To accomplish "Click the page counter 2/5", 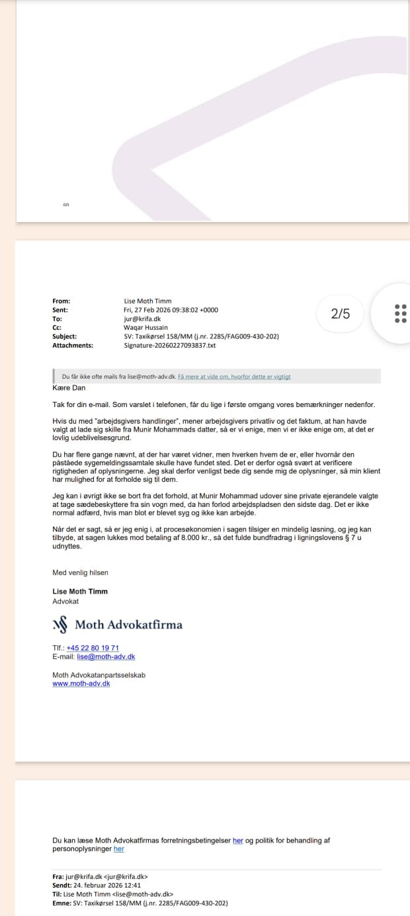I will [341, 314].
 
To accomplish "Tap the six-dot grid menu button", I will [400, 313].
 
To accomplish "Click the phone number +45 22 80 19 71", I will [93, 648].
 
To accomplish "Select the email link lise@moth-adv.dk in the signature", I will [106, 656].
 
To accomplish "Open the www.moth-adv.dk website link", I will [81, 683].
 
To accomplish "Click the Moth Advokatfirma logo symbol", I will [60, 625].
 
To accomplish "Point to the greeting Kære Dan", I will [69, 388].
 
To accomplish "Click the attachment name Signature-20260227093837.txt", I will [170, 345].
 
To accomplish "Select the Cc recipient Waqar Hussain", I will [145, 327].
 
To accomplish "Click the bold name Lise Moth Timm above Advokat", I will [80, 592].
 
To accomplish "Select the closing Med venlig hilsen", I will [80, 572].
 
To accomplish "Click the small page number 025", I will [66, 205].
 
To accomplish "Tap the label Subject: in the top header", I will [64, 336].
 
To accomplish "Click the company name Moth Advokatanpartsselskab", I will [99, 675].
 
